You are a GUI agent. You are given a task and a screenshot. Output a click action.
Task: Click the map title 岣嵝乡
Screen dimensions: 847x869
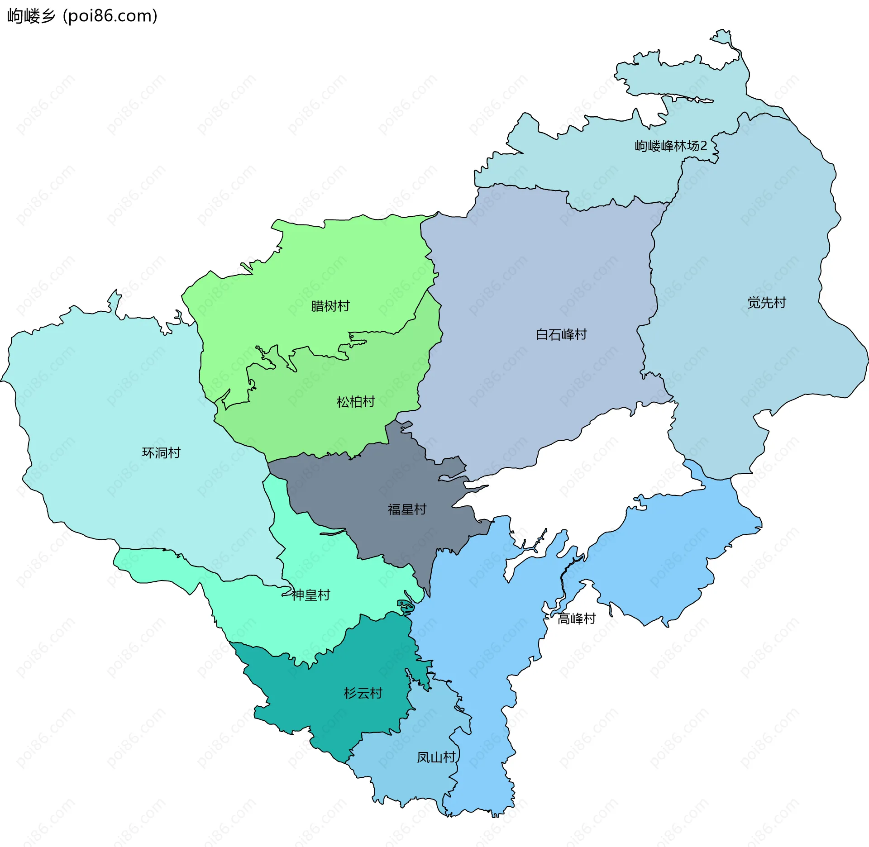pos(31,16)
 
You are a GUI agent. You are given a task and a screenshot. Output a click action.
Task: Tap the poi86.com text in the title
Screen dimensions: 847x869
pos(110,16)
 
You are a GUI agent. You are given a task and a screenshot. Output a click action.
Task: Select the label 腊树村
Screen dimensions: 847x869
pos(330,306)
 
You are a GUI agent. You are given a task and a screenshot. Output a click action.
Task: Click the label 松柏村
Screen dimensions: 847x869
pos(356,402)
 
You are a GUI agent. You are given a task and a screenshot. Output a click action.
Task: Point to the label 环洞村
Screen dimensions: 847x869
pos(161,453)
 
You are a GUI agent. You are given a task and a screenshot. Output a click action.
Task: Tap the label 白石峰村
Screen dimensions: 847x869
pos(561,335)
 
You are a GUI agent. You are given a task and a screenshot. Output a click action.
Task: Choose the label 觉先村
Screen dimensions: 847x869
pos(767,303)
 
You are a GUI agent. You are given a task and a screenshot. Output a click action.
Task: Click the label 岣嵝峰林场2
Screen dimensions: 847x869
pos(670,146)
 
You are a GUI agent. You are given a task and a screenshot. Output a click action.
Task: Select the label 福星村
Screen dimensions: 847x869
pos(407,509)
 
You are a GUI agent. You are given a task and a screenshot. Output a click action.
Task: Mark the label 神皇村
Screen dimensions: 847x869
pos(311,595)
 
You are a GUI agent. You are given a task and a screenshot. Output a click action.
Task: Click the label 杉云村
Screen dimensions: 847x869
pos(363,693)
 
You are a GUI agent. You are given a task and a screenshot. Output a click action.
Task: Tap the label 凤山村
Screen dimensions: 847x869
pos(436,757)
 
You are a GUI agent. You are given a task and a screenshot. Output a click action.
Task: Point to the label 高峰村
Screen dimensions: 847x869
pos(577,619)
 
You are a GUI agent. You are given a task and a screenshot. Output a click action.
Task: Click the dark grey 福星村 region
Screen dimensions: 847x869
pos(362,489)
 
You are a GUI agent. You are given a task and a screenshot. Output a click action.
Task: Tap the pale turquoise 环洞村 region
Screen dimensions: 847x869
pos(113,407)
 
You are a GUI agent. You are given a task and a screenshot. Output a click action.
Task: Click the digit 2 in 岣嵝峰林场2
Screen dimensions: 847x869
pos(703,146)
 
